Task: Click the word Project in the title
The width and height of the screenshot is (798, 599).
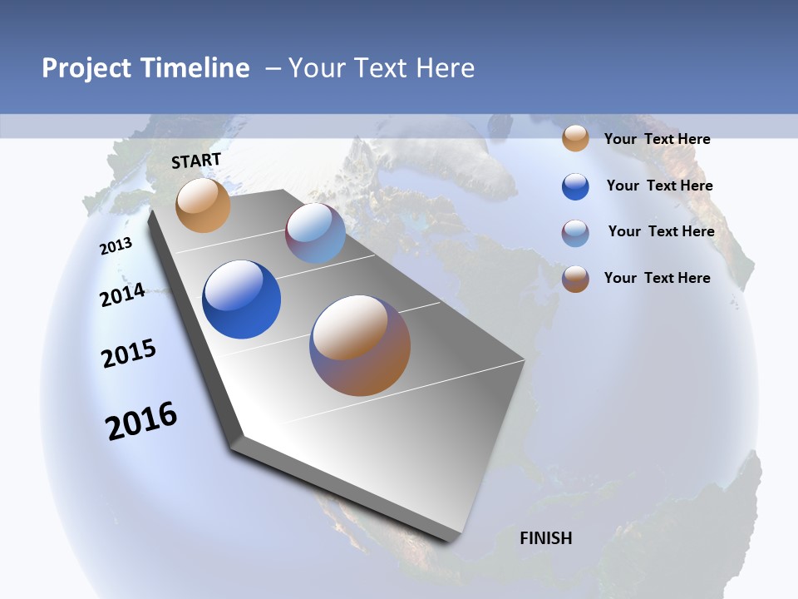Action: (x=87, y=68)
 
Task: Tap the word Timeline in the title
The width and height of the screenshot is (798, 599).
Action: (x=196, y=68)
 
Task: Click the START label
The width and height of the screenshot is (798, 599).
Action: (x=196, y=161)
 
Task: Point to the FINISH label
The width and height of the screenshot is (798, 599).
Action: (x=546, y=538)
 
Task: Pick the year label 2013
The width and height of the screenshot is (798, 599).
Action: (x=116, y=246)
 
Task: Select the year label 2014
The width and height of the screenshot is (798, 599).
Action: (x=122, y=295)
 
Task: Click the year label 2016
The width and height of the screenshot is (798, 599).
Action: (x=141, y=421)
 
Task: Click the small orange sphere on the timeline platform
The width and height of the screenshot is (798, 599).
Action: (x=203, y=205)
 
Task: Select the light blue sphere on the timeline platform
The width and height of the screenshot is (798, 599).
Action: (x=316, y=234)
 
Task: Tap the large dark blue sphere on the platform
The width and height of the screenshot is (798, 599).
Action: (x=242, y=299)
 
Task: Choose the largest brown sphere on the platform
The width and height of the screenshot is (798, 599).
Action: (x=360, y=345)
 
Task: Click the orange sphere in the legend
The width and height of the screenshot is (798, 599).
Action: (x=575, y=139)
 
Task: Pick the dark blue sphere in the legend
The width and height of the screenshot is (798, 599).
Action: (x=575, y=186)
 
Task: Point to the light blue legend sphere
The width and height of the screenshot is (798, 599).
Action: (x=575, y=233)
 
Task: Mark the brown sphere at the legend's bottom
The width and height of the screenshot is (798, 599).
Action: (x=575, y=279)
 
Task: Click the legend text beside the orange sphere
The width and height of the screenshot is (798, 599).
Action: (x=657, y=139)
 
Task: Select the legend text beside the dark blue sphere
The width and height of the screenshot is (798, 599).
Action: (x=659, y=186)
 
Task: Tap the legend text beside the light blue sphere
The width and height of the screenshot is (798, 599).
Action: (x=661, y=230)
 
